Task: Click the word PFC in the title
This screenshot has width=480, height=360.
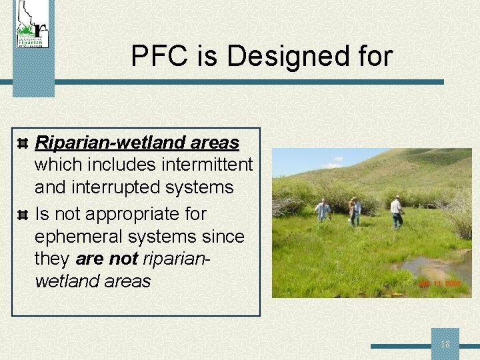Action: (154, 56)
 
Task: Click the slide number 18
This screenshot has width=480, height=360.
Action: (445, 345)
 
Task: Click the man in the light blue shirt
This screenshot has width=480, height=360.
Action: (323, 210)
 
